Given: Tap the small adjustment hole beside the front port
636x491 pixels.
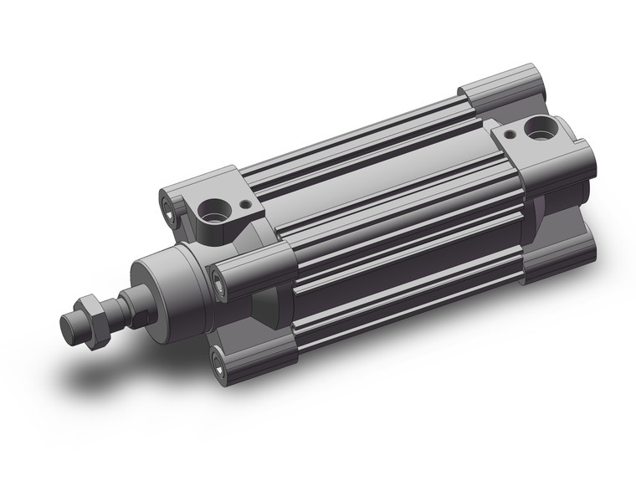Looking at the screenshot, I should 244,202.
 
